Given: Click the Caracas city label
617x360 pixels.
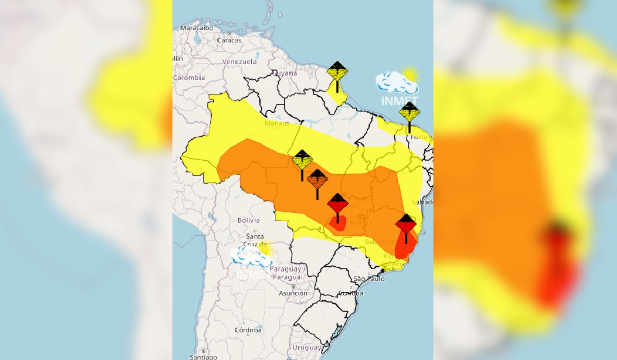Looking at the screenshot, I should [x=229, y=40].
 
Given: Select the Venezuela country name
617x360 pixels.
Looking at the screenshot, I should [x=239, y=61].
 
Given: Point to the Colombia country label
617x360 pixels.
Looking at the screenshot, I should [x=189, y=78].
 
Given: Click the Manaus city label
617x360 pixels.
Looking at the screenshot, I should [x=277, y=123].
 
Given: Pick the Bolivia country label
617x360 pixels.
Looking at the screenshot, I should [x=248, y=220].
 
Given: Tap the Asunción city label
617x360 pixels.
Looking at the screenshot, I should [x=293, y=293].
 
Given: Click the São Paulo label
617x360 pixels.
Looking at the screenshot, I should [x=369, y=279].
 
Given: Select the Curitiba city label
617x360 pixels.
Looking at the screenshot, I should [x=351, y=293].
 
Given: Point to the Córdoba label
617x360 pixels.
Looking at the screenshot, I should [x=248, y=330].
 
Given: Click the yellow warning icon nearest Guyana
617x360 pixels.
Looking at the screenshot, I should [x=337, y=72].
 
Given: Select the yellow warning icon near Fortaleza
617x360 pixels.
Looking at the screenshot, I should [x=409, y=112].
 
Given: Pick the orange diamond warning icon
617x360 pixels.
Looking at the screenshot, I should [x=317, y=179].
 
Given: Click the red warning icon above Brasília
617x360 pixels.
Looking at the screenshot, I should [x=337, y=204].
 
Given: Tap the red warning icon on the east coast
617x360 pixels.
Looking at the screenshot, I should [x=406, y=225].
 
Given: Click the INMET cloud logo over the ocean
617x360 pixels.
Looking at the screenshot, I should [x=397, y=85].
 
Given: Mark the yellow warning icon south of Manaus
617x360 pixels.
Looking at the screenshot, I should [x=302, y=160].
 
